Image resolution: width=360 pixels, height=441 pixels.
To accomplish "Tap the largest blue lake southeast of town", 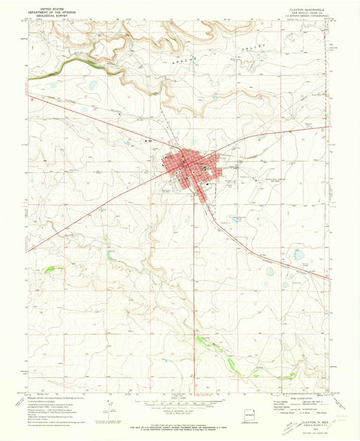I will tap(297, 255).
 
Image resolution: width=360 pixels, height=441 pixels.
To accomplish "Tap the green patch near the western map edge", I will tap(49, 270).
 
